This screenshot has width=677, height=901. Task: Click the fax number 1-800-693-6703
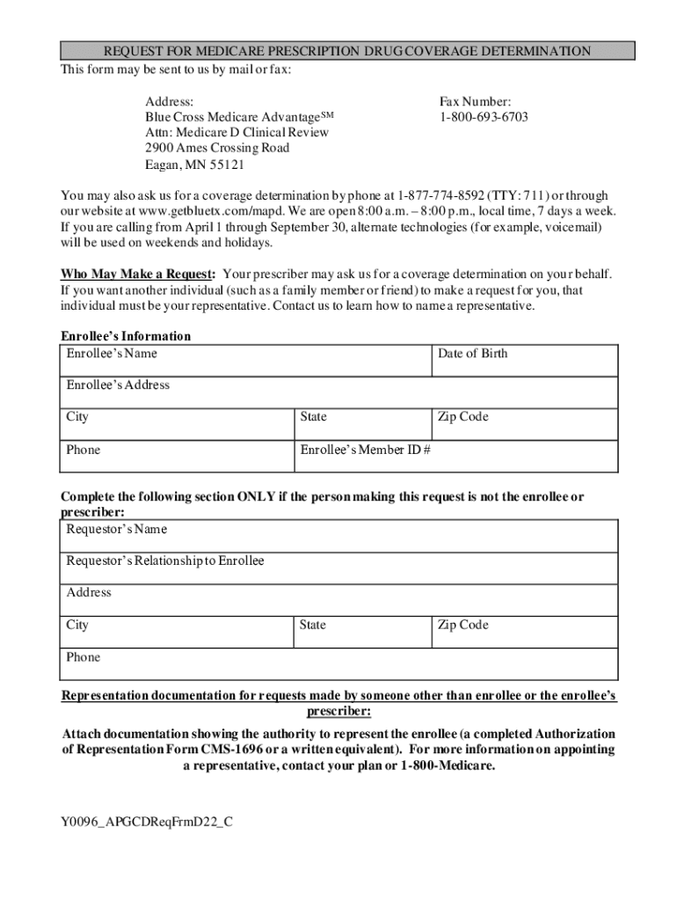pyautogui.click(x=484, y=117)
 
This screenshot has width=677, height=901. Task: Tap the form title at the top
pyautogui.click(x=346, y=51)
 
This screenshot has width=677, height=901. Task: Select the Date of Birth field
pyautogui.click(x=524, y=361)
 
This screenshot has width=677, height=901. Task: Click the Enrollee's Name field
pyautogui.click(x=246, y=361)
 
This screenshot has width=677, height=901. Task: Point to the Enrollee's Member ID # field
pyautogui.click(x=456, y=457)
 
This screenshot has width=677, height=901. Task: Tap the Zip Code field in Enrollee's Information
pyautogui.click(x=524, y=423)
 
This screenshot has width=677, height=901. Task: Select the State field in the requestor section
pyautogui.click(x=361, y=632)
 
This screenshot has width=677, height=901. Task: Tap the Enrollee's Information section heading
pyautogui.click(x=126, y=336)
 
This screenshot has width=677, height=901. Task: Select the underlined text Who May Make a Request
pyautogui.click(x=137, y=274)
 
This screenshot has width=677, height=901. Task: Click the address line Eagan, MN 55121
pyautogui.click(x=194, y=165)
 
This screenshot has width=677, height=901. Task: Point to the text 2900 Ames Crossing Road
pyautogui.click(x=217, y=148)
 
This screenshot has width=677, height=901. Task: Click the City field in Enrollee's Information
pyautogui.click(x=177, y=423)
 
